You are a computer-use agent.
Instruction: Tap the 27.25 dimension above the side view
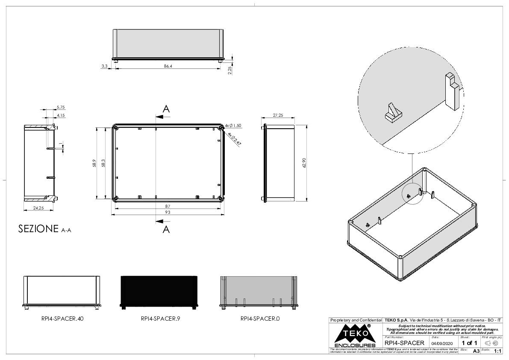click(278, 116)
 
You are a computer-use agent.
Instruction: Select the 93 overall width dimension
click(168, 212)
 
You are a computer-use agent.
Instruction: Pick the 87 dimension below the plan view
click(168, 206)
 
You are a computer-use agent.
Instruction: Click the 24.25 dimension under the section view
click(38, 208)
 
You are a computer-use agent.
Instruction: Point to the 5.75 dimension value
click(60, 107)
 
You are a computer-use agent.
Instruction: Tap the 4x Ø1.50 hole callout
click(234, 125)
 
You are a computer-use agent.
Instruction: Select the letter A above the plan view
click(166, 109)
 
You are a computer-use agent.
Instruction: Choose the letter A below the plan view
click(166, 230)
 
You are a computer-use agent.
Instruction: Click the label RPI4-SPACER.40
click(62, 319)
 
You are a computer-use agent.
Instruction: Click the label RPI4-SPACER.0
click(260, 319)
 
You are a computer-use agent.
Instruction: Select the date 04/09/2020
click(442, 343)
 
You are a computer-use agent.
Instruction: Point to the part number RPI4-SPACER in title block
click(404, 343)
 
